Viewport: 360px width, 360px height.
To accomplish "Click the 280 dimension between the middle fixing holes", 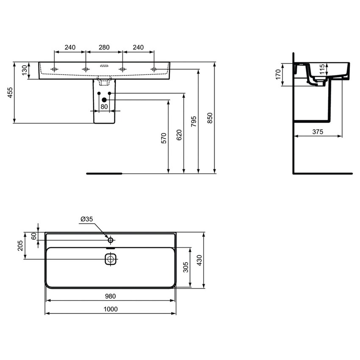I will coord(104,47).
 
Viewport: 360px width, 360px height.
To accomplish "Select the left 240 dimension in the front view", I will coord(70,47).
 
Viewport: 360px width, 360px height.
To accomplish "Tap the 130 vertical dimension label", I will coord(24,69).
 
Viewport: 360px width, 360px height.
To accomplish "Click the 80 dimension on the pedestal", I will coord(104,107).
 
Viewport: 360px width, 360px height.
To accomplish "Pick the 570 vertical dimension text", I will coord(165,138).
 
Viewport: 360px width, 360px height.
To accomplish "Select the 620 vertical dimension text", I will coord(180,135).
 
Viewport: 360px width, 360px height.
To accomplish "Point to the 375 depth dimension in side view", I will coord(318,132).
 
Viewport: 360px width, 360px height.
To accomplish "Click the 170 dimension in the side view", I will coord(278,75).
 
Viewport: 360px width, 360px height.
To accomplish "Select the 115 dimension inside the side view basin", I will coord(322,69).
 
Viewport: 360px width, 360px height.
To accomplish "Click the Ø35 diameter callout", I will coord(86,219).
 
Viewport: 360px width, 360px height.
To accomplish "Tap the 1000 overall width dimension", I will coord(111,309).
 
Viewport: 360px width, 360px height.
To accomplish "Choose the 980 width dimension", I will coord(111,296).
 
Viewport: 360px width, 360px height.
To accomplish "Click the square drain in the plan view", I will coord(111,259).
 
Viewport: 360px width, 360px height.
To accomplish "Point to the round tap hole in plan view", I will coord(111,240).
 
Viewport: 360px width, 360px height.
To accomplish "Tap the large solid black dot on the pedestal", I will coord(104,100).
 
